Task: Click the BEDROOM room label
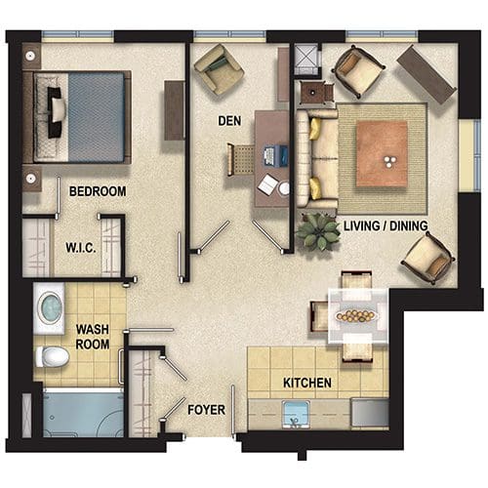(98, 191)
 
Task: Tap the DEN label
(229, 121)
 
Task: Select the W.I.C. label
(81, 248)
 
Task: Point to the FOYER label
(207, 410)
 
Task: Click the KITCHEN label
(307, 383)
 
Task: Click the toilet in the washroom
(52, 357)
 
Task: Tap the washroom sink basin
(50, 308)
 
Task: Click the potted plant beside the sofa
(318, 231)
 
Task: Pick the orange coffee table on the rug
(382, 154)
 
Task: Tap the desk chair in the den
(241, 160)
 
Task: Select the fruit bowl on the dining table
(357, 315)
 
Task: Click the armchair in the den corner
(219, 69)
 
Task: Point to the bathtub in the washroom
(83, 413)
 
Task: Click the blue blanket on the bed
(97, 117)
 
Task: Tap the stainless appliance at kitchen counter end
(370, 412)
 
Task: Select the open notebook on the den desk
(267, 184)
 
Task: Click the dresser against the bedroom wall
(175, 110)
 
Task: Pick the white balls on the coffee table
(389, 162)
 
